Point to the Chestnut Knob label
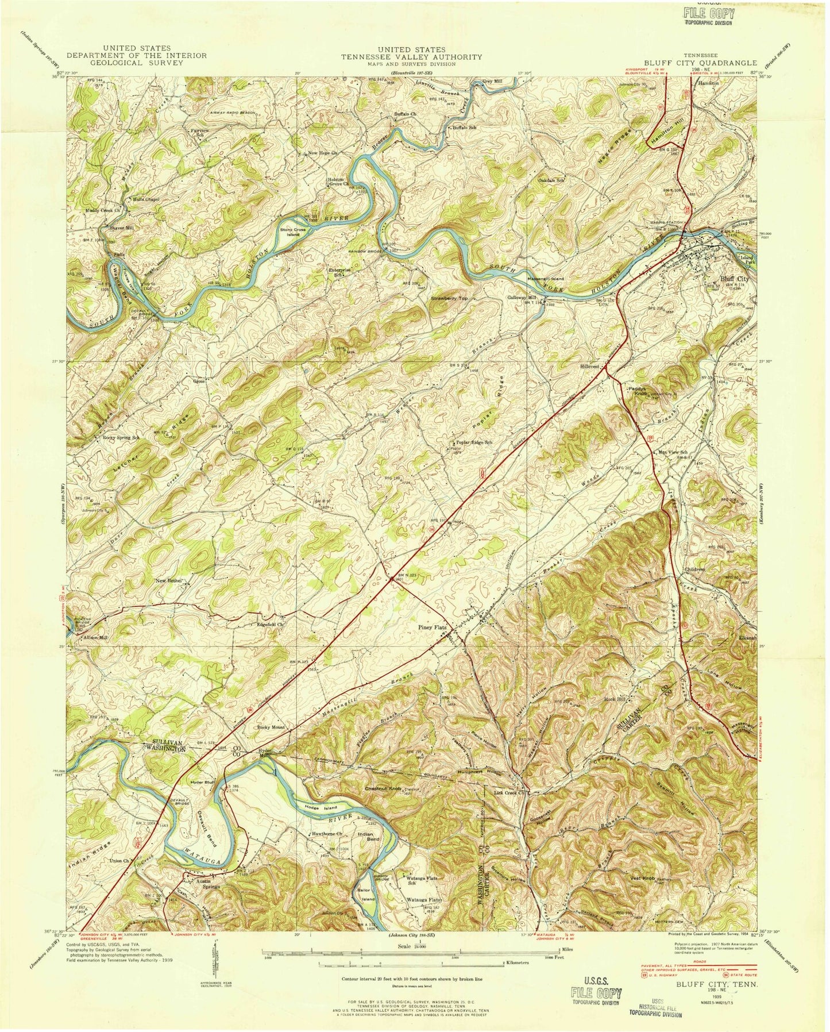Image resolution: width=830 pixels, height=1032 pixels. point(382,788)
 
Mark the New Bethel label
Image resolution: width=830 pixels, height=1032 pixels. point(168,581)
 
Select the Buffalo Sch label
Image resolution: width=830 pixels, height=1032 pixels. point(465,127)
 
